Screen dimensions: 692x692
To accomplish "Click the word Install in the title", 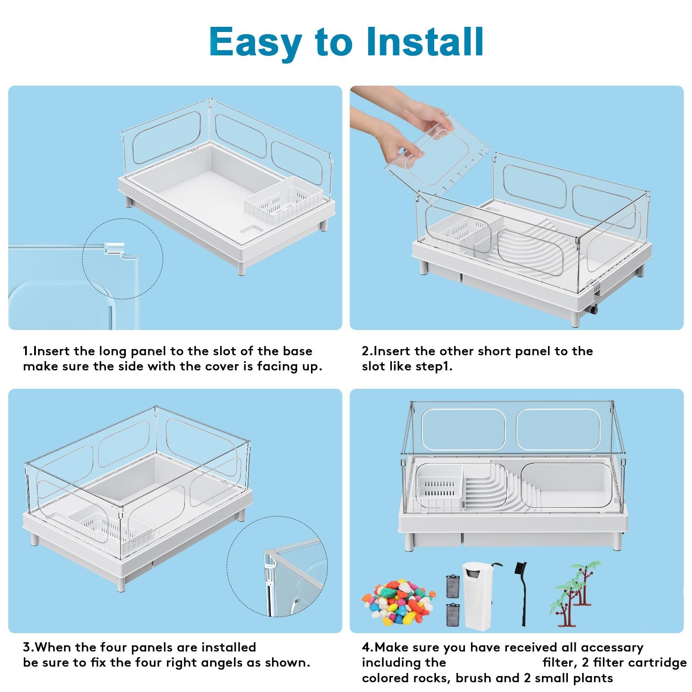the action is coord(425,42).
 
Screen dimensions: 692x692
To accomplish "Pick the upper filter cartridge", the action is coord(452,586).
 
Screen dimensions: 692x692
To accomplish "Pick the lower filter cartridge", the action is coord(452,615).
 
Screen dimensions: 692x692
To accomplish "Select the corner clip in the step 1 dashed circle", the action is coord(113,248).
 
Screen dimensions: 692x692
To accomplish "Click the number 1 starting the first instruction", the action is coord(26,351).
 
